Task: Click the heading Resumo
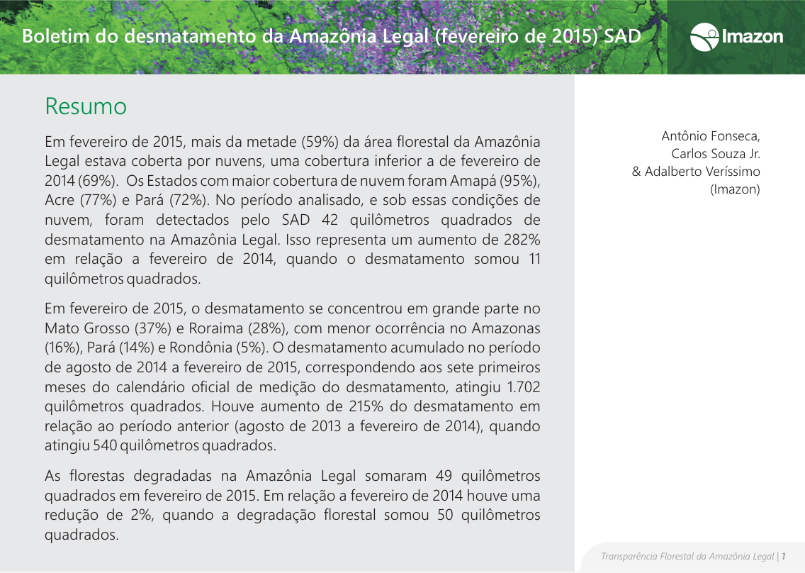pos(86,106)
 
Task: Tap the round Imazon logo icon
pos(704,37)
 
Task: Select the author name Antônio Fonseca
pos(711,135)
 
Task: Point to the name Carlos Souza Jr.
pos(716,153)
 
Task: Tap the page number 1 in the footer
pos(784,556)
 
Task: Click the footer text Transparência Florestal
pos(646,556)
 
